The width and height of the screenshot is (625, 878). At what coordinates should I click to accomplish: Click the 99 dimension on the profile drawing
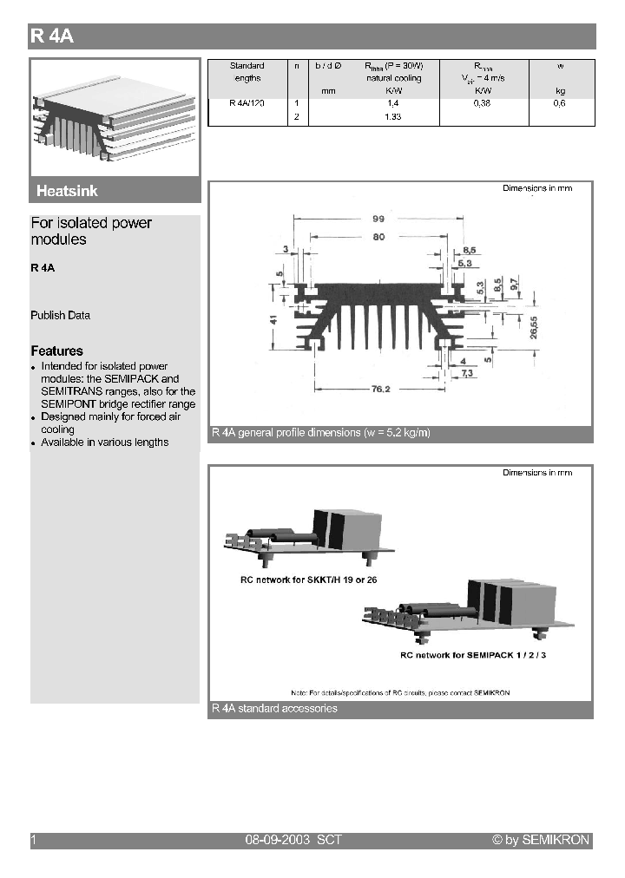(378, 219)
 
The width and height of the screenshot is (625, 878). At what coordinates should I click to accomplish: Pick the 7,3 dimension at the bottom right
(465, 372)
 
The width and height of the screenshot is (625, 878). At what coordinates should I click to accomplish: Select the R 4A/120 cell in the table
(247, 102)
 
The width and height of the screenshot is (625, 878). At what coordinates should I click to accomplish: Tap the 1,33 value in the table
(393, 116)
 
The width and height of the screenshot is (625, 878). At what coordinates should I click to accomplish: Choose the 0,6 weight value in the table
(559, 102)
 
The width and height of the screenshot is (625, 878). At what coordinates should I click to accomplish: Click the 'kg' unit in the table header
(559, 90)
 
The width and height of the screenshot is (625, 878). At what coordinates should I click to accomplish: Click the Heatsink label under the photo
(67, 191)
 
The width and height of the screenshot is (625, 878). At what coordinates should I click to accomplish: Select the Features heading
(57, 351)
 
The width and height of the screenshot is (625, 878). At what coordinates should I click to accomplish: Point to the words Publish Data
(61, 315)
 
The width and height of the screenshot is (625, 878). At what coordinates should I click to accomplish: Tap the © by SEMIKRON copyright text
(540, 840)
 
